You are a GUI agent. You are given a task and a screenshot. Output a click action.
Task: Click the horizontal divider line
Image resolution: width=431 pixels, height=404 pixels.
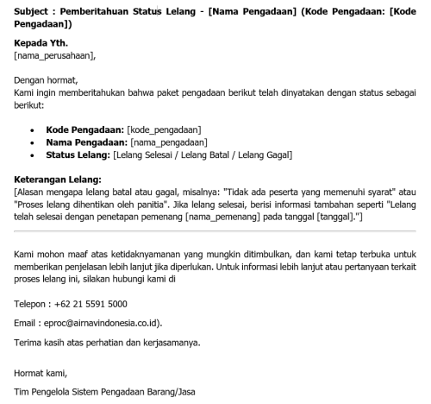click(215, 231)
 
